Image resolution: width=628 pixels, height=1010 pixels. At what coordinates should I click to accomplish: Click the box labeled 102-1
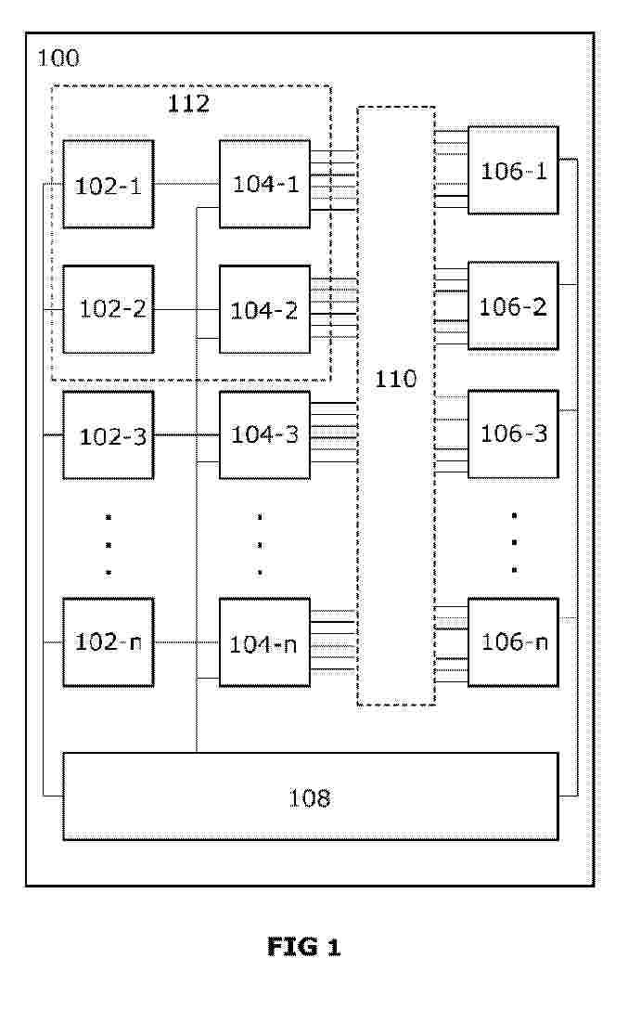coord(109,184)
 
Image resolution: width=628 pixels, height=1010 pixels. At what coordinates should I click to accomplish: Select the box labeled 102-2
coord(109,309)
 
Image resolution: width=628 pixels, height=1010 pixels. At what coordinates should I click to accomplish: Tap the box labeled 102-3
coord(109,434)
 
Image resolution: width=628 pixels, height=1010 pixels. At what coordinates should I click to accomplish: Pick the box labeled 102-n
coord(109,642)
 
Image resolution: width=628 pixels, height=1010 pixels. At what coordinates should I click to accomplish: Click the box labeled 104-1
coord(264,184)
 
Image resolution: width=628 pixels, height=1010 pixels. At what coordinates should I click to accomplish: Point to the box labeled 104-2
coord(264,309)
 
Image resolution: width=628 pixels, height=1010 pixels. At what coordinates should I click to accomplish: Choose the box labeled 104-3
coord(264,434)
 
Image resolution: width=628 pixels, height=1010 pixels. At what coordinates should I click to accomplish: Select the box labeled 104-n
coord(264,642)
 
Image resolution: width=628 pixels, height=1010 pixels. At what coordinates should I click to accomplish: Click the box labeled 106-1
coord(513,170)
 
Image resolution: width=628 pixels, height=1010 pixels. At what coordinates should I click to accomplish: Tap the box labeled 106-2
coord(513,306)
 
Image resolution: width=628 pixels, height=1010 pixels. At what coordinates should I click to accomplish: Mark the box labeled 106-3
coord(513,434)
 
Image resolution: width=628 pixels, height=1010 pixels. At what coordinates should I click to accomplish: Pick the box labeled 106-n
coord(513,642)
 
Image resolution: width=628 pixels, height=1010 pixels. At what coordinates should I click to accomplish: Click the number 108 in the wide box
coord(310,798)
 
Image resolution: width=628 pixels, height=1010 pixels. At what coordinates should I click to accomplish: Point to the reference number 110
coord(396,379)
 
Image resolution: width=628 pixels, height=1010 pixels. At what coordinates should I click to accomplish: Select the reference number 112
coord(188,104)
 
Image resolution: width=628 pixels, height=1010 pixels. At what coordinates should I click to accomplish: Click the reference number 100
coord(58,58)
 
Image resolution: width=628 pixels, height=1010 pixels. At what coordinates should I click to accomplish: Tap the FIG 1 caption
coord(303,947)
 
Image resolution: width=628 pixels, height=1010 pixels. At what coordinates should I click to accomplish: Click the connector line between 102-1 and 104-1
coord(186,184)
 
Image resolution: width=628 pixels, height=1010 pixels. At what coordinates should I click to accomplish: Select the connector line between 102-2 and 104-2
coord(186,310)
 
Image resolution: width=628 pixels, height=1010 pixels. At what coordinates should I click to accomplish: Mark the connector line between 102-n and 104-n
coord(186,642)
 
